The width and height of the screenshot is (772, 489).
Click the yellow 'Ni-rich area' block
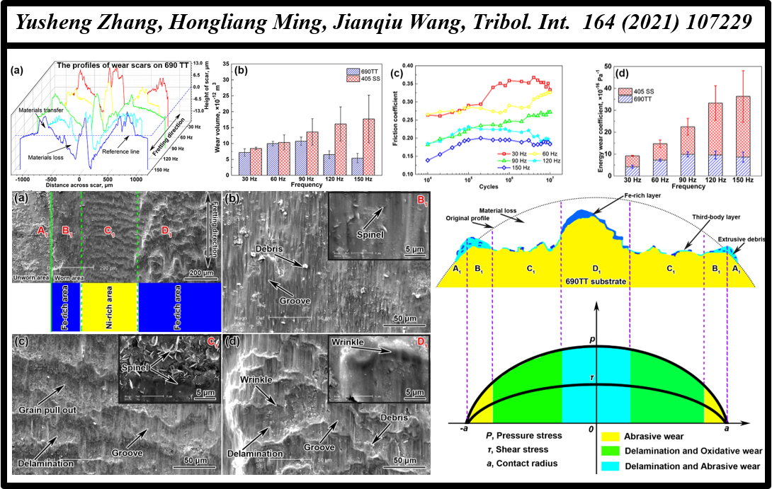click(110, 307)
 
